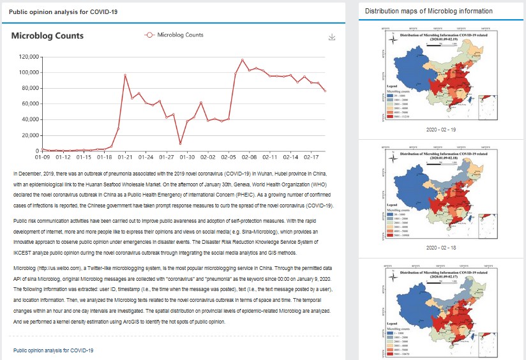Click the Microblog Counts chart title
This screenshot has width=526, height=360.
(x=47, y=36)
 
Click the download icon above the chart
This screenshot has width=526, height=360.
(x=331, y=37)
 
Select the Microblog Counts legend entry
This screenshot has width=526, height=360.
(x=174, y=35)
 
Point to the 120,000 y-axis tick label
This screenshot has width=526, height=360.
(x=26, y=56)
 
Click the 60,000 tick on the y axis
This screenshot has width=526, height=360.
(x=27, y=103)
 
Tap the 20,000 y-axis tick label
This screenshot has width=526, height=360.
(x=27, y=135)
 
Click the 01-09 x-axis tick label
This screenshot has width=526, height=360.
(x=42, y=156)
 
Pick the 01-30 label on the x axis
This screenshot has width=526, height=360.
(x=187, y=156)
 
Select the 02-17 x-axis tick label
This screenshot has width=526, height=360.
(x=311, y=156)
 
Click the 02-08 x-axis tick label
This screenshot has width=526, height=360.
(x=249, y=156)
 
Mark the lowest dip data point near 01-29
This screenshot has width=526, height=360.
(x=180, y=144)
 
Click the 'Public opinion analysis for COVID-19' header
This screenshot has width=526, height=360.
(x=53, y=12)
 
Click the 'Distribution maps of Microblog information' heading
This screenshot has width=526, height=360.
(x=428, y=11)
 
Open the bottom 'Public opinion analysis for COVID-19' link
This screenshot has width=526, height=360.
(x=53, y=350)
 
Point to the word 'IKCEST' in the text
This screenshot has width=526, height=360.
(x=23, y=252)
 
